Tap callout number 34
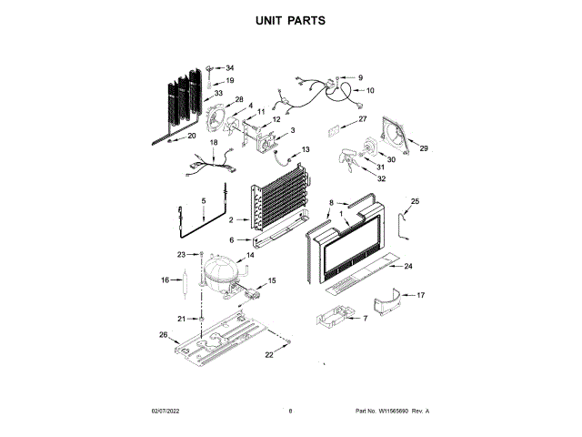229,68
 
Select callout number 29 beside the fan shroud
423,147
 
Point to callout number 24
408,267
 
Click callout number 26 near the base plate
164,336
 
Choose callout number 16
166,280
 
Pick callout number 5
204,200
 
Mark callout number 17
421,295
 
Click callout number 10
370,90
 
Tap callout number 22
269,353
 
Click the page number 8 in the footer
290,412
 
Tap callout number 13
306,149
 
